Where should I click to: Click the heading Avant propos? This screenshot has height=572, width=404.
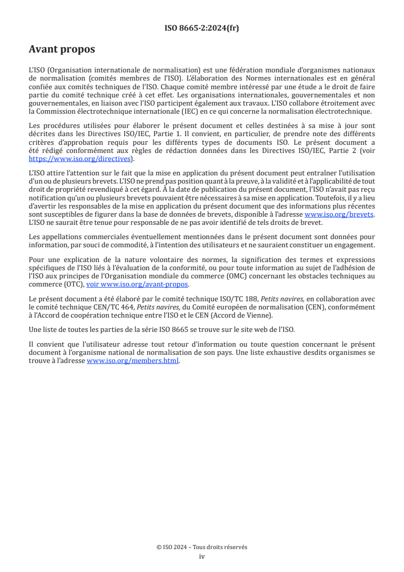62,49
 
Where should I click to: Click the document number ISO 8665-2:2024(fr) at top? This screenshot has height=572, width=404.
202,29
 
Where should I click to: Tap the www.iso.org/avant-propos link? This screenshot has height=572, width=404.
138,284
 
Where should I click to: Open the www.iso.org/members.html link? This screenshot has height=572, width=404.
133,361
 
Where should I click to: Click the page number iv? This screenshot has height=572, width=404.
202,556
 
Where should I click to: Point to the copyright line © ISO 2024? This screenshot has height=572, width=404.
202,547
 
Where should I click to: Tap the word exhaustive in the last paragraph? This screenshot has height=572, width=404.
300,353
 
